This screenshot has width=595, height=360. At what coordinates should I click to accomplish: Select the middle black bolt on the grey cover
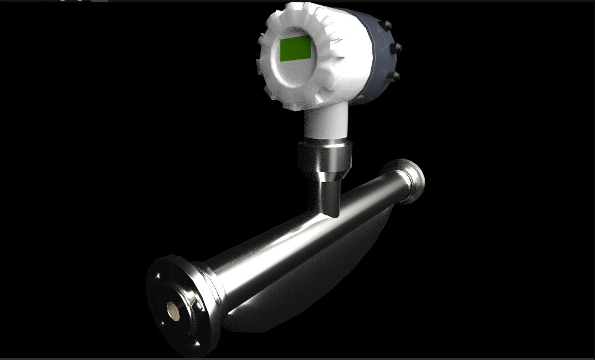(398, 47)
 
